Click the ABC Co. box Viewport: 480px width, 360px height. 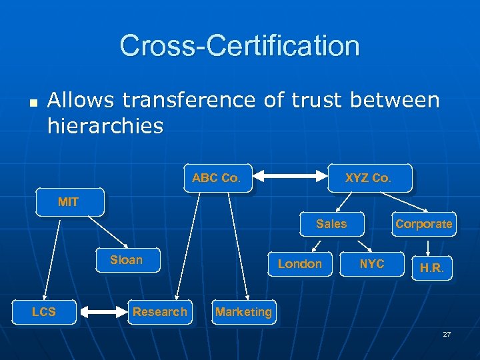pyautogui.click(x=217, y=178)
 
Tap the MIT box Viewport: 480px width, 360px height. pyautogui.click(x=69, y=202)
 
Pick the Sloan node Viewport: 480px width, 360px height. pyautogui.click(x=127, y=260)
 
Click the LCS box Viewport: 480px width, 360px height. pyautogui.click(x=44, y=311)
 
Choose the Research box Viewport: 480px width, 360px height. pyautogui.click(x=160, y=311)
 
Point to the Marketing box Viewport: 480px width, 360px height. pyautogui.click(x=243, y=311)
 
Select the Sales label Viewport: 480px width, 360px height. pyautogui.click(x=331, y=224)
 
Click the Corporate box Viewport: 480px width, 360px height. pyautogui.click(x=423, y=224)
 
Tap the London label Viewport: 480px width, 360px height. pyautogui.click(x=299, y=264)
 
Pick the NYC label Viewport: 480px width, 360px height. pyautogui.click(x=372, y=264)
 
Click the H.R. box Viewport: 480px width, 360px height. pyautogui.click(x=431, y=268)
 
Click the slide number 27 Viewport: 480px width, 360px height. pyautogui.click(x=447, y=334)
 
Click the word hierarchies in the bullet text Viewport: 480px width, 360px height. pyautogui.click(x=105, y=126)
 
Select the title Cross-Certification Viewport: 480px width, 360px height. pyautogui.click(x=240, y=45)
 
